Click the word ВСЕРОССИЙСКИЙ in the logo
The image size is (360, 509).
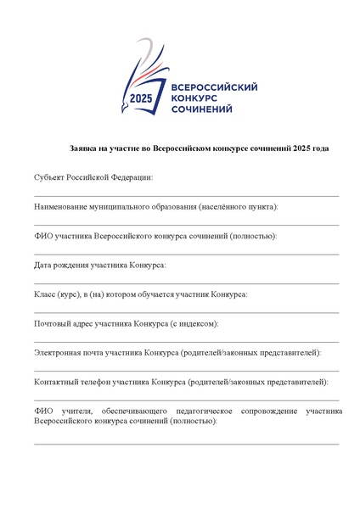click(214, 87)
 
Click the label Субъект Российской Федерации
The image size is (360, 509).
click(93, 177)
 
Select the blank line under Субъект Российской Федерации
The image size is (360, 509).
click(187, 196)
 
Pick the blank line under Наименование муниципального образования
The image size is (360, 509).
click(187, 225)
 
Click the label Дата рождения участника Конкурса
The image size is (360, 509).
click(100, 265)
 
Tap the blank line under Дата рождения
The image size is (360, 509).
click(187, 283)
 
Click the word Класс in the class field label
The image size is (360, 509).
click(45, 294)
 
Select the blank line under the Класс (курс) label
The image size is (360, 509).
click(187, 312)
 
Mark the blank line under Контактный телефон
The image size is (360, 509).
click(187, 400)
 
